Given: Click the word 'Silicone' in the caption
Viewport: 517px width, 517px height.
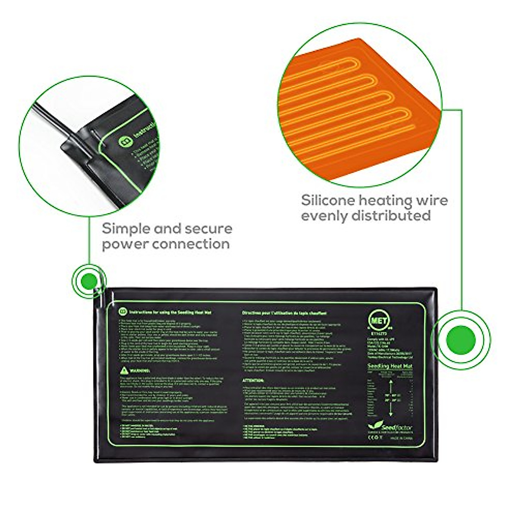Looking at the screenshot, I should coord(328,200).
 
